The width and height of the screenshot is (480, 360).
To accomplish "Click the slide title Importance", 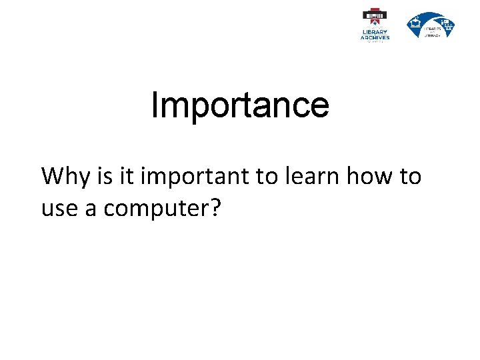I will click(240, 105).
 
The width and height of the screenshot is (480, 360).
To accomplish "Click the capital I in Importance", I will click(155, 105).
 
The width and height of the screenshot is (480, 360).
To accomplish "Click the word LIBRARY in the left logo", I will click(375, 32).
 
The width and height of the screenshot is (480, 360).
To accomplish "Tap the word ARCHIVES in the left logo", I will click(375, 37).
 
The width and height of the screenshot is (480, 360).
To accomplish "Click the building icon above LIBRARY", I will click(375, 16).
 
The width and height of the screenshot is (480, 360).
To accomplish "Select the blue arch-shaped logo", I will click(431, 25).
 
